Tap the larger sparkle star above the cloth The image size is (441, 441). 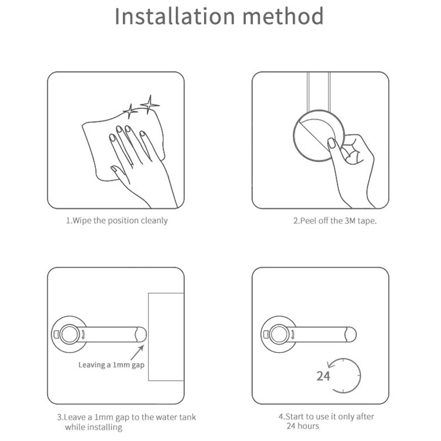tap(149, 104)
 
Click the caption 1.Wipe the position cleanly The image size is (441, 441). tap(117, 220)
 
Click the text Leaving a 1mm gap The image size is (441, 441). tap(111, 364)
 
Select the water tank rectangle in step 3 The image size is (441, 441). tap(165, 336)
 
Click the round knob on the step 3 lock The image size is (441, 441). tap(70, 334)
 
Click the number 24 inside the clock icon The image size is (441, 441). tap(323, 377)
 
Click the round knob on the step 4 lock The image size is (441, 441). tap(279, 334)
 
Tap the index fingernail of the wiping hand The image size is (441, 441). tap(118, 130)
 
